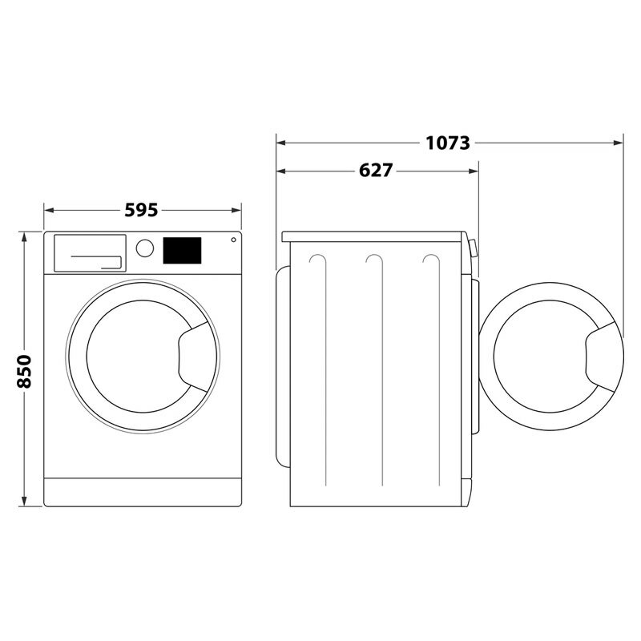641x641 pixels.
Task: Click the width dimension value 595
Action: [141, 211]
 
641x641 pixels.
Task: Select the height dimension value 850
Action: [24, 370]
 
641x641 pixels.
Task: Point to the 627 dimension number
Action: [376, 171]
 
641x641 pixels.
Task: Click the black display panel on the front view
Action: [183, 250]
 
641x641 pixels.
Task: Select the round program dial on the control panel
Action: [145, 248]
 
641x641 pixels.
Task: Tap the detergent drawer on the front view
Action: [89, 252]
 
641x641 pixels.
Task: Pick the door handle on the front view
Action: [194, 353]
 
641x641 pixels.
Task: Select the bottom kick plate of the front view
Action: [142, 492]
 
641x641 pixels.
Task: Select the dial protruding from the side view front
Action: [472, 248]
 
